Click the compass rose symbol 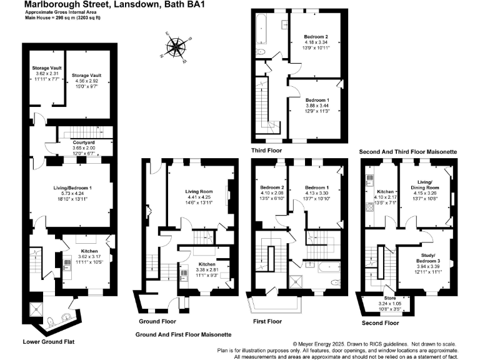(x=179, y=47)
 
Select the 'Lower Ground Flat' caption (x=48, y=342)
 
